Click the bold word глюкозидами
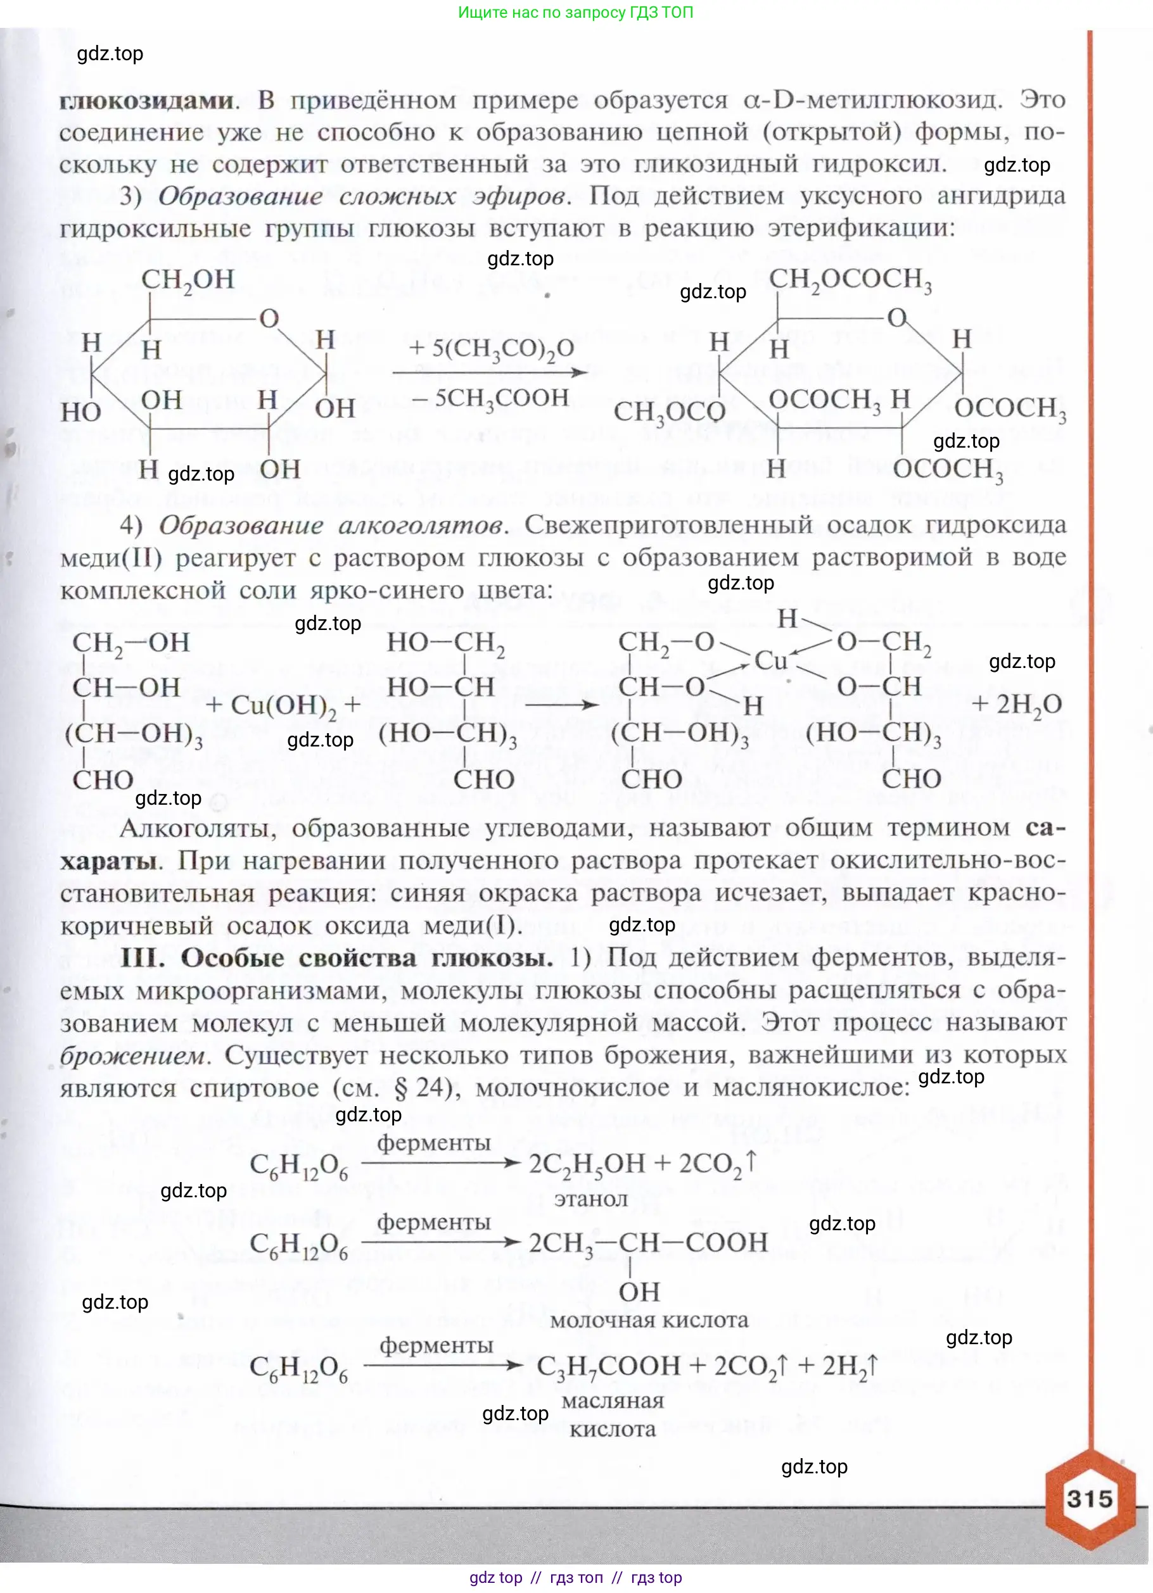pos(146,101)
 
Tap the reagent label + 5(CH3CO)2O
pos(491,348)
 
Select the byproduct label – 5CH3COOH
pos(490,398)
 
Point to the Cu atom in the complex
pos(771,660)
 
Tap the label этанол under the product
pos(590,1199)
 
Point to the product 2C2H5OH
pos(587,1164)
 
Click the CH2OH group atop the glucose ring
pos(188,280)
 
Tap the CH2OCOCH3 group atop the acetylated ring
pos(850,280)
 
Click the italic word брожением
pos(134,1055)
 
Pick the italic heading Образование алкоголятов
pos(330,525)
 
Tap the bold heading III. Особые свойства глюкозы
pos(336,958)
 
